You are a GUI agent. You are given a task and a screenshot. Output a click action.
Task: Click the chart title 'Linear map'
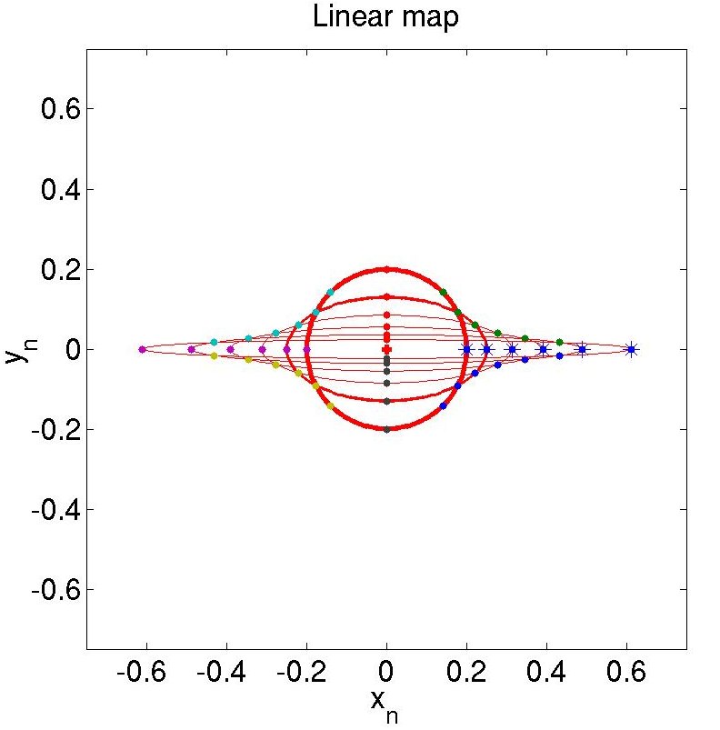[385, 17]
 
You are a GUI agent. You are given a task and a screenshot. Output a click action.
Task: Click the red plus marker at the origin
[386, 349]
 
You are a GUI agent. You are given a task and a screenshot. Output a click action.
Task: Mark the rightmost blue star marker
[631, 349]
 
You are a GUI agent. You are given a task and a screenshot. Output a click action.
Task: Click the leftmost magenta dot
[142, 349]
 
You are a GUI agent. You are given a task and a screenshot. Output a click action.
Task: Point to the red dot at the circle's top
[386, 269]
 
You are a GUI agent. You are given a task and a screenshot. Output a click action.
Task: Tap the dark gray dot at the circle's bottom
[386, 429]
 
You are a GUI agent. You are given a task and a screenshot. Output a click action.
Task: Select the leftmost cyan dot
[214, 342]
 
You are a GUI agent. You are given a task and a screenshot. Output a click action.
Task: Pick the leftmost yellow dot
[214, 355]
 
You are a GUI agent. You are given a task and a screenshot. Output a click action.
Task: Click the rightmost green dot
[559, 342]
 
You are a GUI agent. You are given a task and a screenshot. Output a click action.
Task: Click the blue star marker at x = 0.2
[466, 349]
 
